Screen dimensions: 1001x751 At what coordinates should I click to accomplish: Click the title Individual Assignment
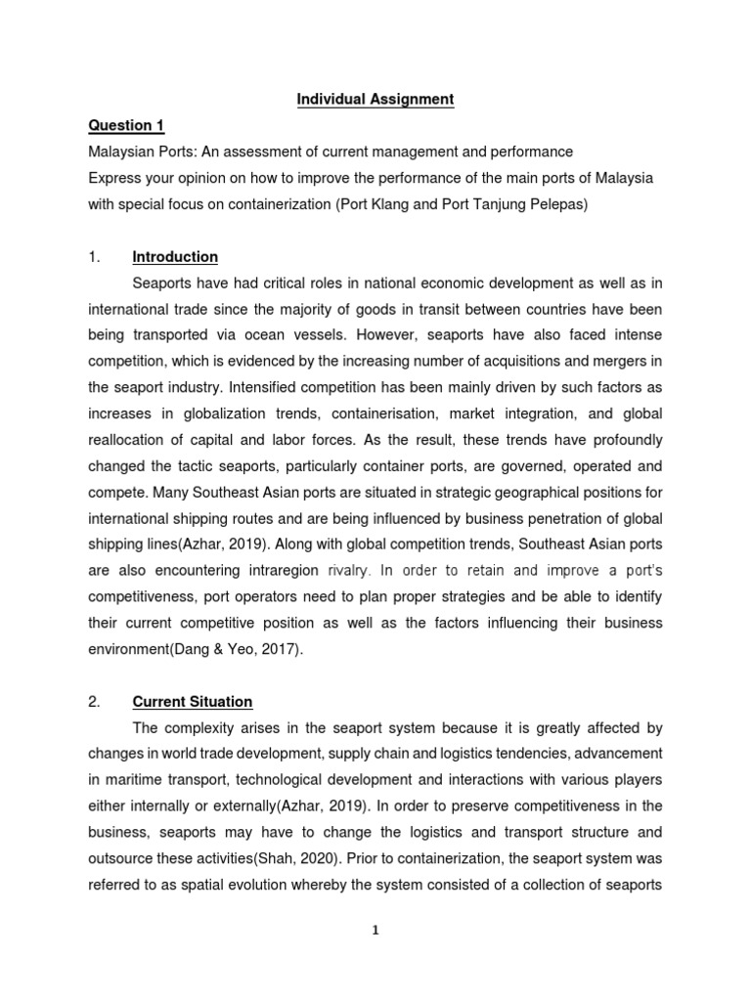375,99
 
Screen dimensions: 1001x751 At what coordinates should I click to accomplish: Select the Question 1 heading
127,125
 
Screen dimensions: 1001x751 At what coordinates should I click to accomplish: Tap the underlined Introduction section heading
175,257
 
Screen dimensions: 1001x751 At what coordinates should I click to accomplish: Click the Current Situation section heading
192,701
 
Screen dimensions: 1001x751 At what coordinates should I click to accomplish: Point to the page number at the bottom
375,930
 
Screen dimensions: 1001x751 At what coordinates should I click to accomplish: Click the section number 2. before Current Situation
95,701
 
